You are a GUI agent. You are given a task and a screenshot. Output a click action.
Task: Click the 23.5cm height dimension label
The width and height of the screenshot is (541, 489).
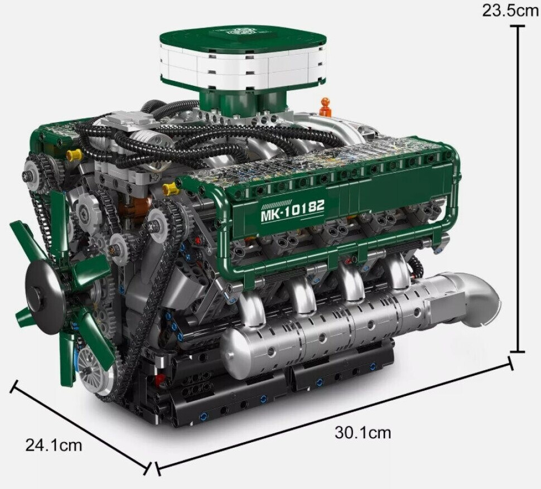click(510, 11)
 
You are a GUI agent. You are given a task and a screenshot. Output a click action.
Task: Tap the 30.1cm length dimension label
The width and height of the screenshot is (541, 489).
click(363, 433)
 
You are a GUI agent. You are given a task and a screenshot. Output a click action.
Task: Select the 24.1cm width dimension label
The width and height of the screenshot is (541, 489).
click(54, 445)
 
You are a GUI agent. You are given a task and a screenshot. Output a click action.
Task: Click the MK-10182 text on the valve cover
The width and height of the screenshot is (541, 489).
click(293, 210)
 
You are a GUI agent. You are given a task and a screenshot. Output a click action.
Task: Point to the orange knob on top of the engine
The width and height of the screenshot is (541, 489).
click(325, 107)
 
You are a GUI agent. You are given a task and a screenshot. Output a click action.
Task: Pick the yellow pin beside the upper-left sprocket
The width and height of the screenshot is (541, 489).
click(74, 155)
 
